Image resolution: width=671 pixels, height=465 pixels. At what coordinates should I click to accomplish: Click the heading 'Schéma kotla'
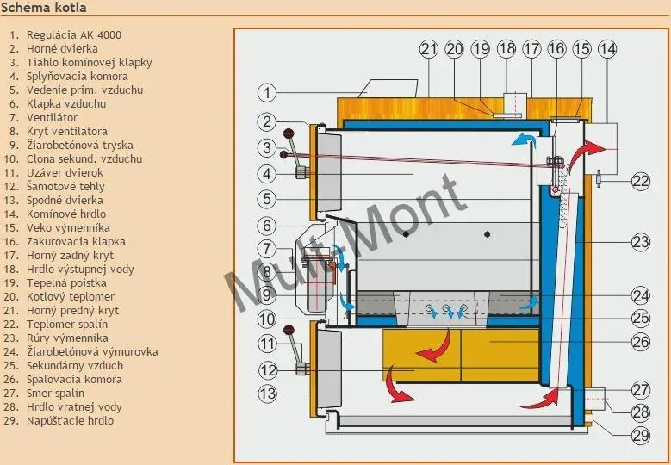tap(43, 7)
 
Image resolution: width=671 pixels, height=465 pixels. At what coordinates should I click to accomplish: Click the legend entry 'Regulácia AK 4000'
tap(73, 35)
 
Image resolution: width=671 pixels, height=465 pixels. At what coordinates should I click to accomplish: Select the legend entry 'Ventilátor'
tap(52, 118)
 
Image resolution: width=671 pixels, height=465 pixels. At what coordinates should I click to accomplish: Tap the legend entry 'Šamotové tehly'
tap(65, 187)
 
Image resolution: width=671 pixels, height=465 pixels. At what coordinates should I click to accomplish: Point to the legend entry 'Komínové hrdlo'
tap(66, 214)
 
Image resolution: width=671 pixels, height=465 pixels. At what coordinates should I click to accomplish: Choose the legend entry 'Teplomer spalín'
tap(67, 325)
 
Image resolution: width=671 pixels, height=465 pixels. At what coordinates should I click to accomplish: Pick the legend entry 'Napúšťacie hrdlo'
tap(70, 420)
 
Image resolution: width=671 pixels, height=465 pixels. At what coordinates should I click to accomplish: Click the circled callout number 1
tap(267, 92)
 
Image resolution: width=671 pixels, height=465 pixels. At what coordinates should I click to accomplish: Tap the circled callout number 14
tap(607, 49)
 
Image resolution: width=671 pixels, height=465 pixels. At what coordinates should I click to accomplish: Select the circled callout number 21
tap(429, 49)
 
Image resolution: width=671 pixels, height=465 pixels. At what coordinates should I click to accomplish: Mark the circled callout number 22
tap(641, 182)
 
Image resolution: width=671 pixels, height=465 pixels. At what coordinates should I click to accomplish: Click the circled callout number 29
tap(641, 436)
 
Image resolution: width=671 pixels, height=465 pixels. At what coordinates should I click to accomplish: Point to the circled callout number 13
tap(268, 394)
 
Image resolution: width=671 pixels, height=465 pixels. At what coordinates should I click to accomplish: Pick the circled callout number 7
tap(267, 249)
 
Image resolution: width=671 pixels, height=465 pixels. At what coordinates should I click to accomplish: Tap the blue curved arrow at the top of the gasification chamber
tap(525, 139)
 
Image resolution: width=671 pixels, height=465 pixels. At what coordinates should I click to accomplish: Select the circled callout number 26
tap(641, 342)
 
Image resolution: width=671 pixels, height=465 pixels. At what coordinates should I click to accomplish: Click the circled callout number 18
tap(506, 49)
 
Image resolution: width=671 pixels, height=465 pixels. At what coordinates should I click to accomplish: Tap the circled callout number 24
tap(641, 295)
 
